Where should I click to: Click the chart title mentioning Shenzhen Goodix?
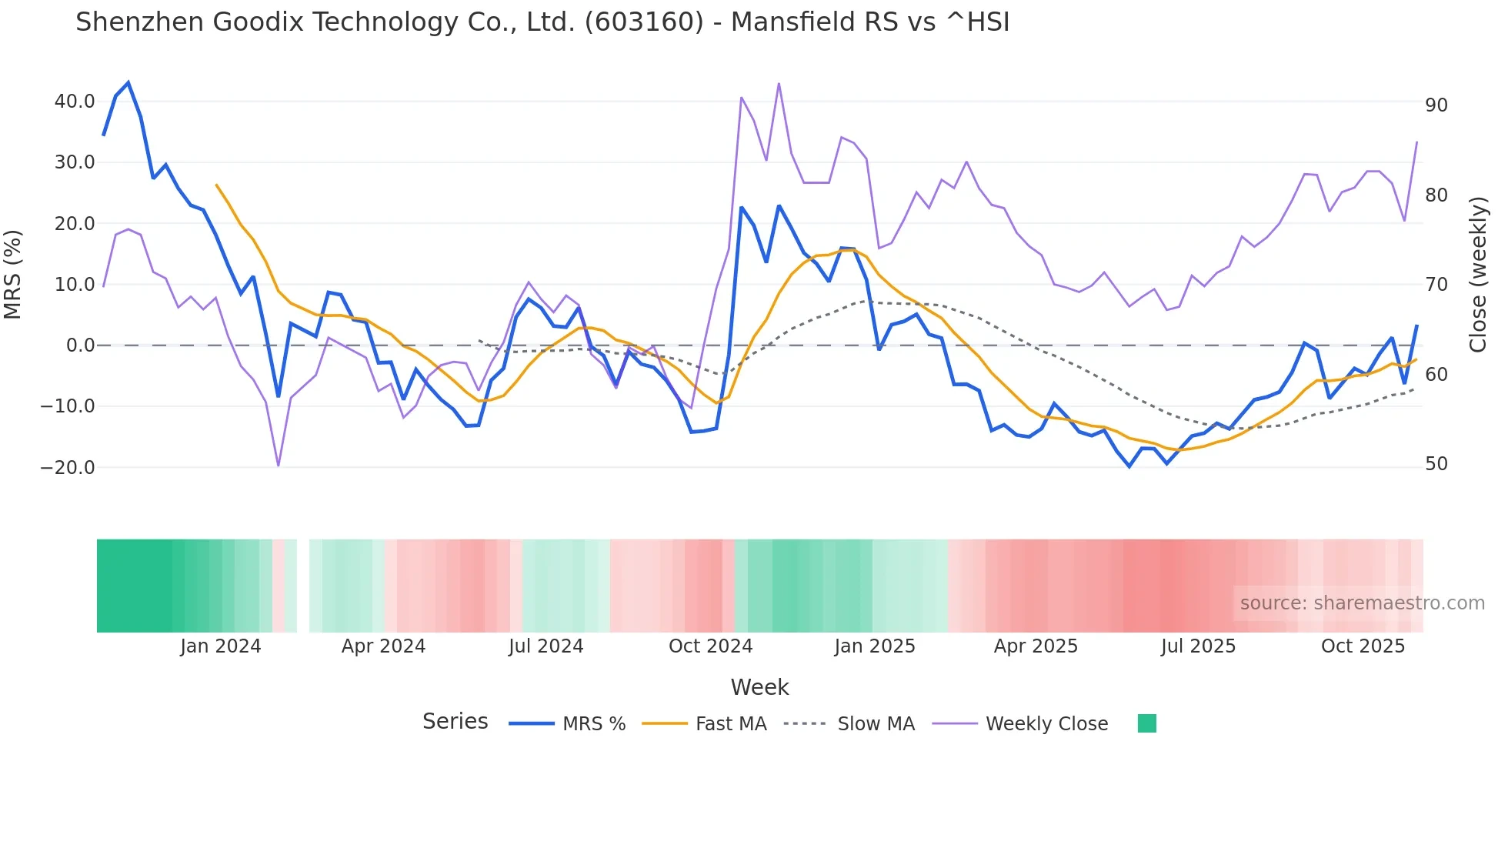[x=542, y=22]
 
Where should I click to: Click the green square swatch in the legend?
[x=1146, y=723]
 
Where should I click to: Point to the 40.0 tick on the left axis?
[x=75, y=102]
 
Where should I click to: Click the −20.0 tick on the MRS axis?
[x=68, y=467]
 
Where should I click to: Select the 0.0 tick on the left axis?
[x=80, y=346]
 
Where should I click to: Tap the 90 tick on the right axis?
[x=1436, y=105]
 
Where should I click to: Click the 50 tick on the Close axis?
[x=1436, y=464]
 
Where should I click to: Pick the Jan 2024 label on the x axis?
[x=221, y=646]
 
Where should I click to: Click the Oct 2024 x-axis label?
[x=710, y=646]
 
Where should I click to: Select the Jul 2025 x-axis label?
[x=1198, y=646]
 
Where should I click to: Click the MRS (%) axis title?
[x=13, y=274]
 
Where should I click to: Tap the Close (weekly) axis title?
[x=1477, y=275]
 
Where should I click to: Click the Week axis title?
[x=759, y=687]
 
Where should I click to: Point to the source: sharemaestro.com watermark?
[x=1362, y=603]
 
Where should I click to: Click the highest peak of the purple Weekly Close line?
[x=779, y=83]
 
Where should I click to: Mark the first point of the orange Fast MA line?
[x=216, y=185]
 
